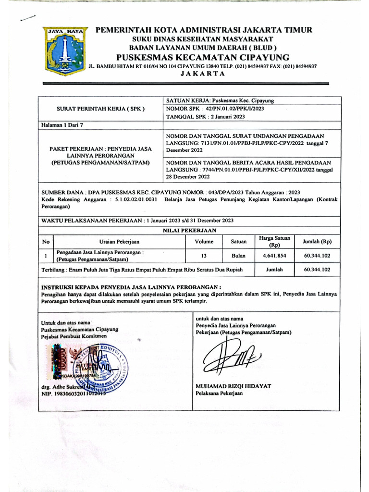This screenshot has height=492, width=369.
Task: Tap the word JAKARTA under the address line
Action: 202,74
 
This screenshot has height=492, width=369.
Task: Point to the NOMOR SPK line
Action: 215,109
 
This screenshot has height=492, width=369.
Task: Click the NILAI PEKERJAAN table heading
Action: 190,230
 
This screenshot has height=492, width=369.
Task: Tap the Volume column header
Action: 204,242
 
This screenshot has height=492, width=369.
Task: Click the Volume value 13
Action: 204,256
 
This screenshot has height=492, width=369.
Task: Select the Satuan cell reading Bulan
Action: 238,256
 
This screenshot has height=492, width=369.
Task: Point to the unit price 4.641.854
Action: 274,256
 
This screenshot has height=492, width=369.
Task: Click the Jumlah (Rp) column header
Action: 317,242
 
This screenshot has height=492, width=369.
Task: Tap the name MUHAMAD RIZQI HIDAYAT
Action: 234,386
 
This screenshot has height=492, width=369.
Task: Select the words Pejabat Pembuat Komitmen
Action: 73,337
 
